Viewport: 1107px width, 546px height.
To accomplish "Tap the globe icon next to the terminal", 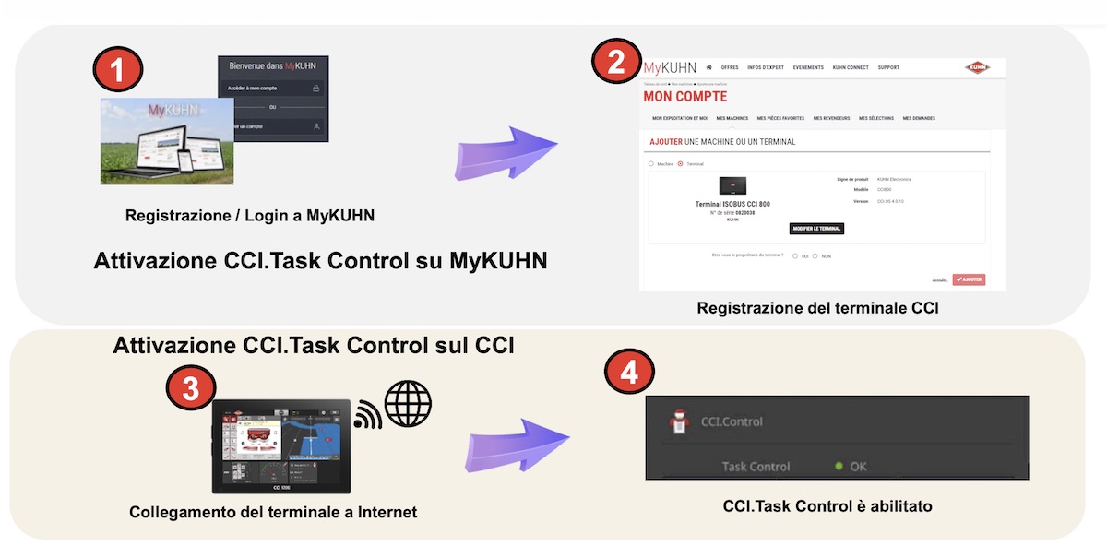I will pyautogui.click(x=408, y=404).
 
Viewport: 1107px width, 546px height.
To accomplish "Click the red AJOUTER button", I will pyautogui.click(x=969, y=279).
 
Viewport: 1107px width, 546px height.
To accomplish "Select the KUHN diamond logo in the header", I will pyautogui.click(x=977, y=67).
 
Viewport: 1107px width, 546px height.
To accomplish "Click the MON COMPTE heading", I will pyautogui.click(x=684, y=97).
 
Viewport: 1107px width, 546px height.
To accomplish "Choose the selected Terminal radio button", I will pyautogui.click(x=681, y=164).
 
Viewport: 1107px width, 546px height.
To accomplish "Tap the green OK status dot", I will pyautogui.click(x=839, y=467).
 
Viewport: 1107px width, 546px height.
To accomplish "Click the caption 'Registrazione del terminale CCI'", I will pyautogui.click(x=817, y=308).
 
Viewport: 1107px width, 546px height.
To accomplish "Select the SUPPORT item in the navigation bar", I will pyautogui.click(x=888, y=67).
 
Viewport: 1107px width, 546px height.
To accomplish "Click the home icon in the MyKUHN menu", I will pyautogui.click(x=708, y=67).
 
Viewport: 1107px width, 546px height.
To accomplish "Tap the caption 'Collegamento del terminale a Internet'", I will pyautogui.click(x=273, y=512).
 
